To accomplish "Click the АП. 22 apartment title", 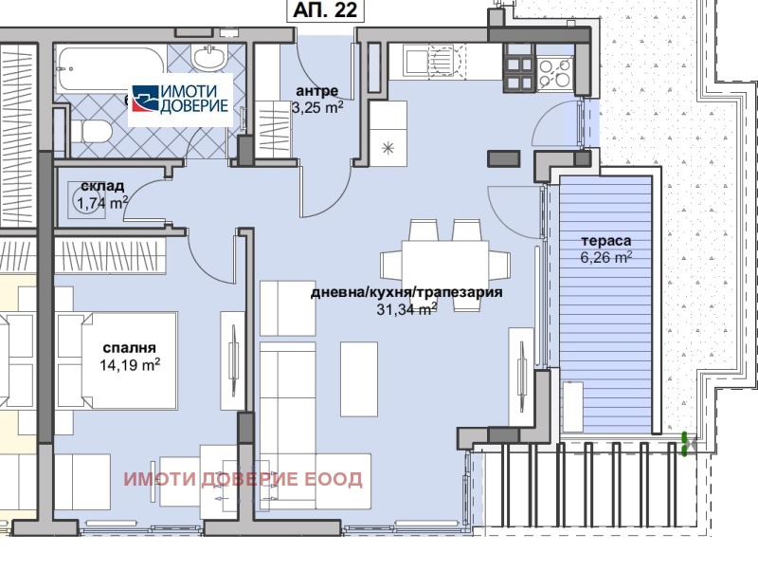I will click(x=323, y=12).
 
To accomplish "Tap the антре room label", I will click(x=316, y=90).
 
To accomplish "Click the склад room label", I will click(x=100, y=185).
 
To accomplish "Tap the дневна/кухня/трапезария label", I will click(x=406, y=292).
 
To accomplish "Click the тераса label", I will click(x=606, y=241).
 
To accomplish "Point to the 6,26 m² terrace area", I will click(x=606, y=257).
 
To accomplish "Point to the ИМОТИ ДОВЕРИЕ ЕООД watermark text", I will click(x=243, y=479).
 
